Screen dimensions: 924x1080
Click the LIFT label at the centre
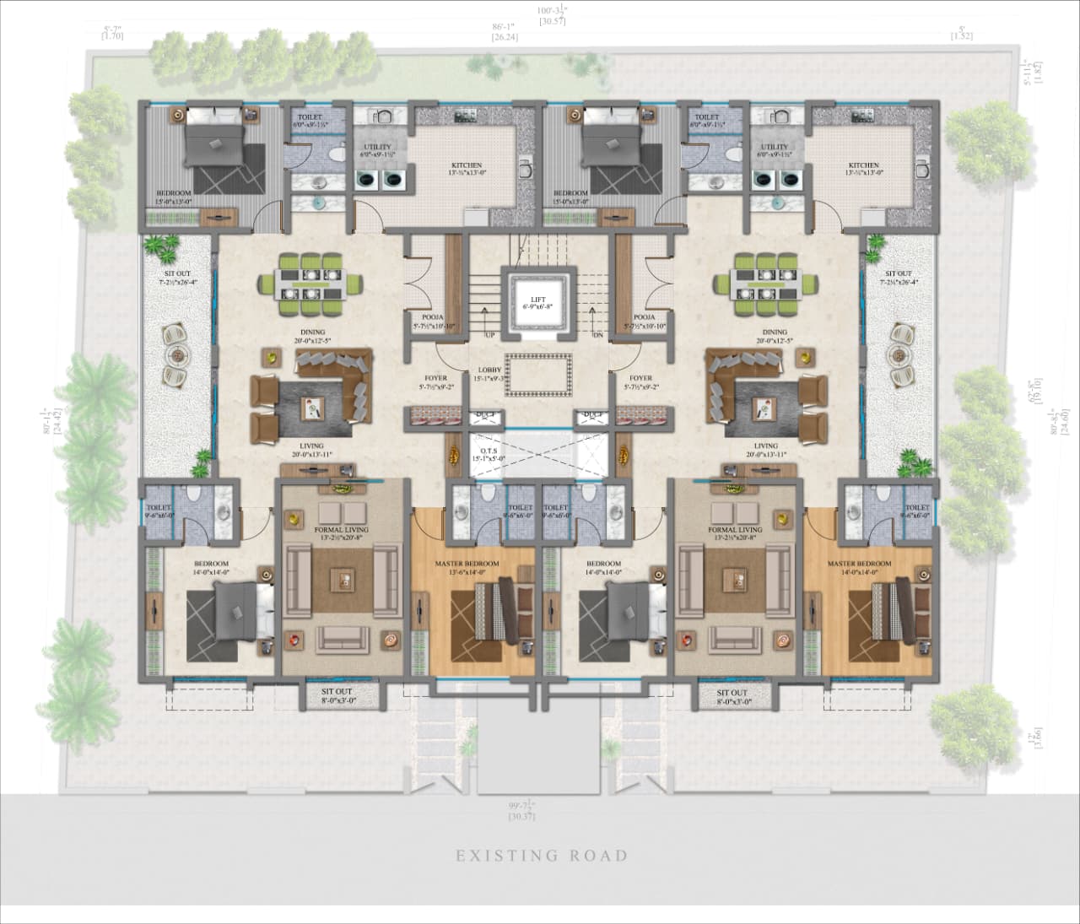pyautogui.click(x=537, y=300)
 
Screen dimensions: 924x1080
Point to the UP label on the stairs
pyautogui.click(x=489, y=335)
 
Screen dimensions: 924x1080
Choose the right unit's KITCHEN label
pyautogui.click(x=863, y=165)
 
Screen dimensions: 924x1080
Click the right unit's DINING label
pyautogui.click(x=774, y=332)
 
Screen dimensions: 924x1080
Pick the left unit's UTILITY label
pyautogui.click(x=377, y=147)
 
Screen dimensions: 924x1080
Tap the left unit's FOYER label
pyautogui.click(x=435, y=378)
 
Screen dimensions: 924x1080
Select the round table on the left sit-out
pyautogui.click(x=178, y=355)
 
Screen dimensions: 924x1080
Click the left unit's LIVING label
pyautogui.click(x=311, y=446)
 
